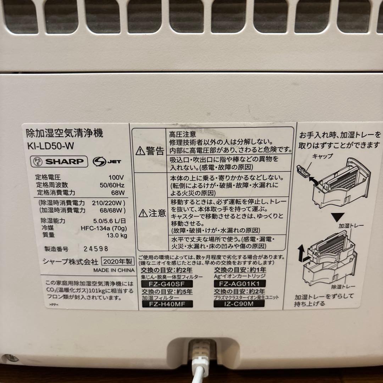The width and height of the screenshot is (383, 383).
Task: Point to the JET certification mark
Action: point(107,162)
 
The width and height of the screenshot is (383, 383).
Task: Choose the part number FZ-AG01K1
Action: point(240,284)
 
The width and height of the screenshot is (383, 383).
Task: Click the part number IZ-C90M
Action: point(240,304)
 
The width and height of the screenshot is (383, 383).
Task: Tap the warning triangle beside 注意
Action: point(143,213)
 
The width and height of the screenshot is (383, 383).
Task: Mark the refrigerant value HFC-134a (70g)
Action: point(104,228)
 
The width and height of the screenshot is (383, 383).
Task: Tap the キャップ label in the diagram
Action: point(322,156)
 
